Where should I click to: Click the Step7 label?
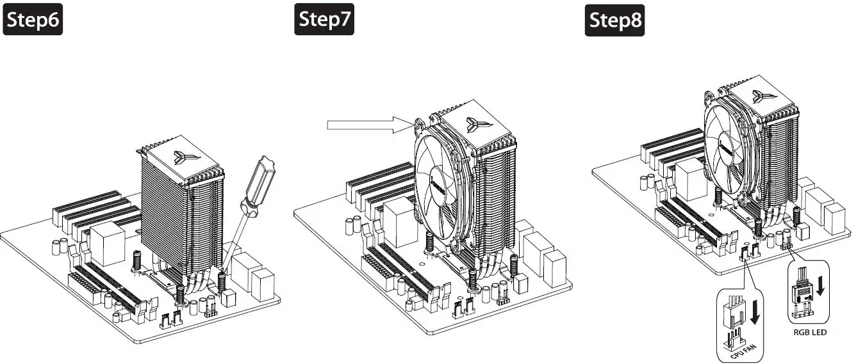coord(325,20)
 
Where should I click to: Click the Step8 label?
coord(615,20)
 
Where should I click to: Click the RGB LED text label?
coord(810,332)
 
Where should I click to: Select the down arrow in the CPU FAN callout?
coord(757,310)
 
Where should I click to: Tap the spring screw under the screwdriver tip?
coord(222,280)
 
